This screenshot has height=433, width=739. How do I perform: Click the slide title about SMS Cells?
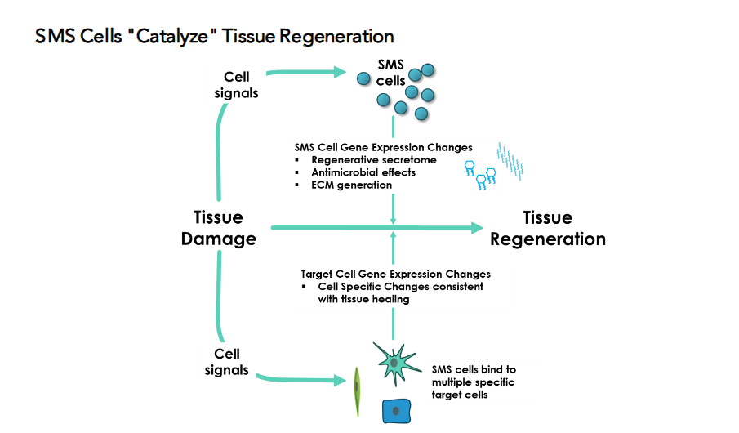[214, 37]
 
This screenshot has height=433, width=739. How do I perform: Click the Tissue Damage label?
[218, 228]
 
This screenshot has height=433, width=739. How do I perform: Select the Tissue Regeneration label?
[547, 228]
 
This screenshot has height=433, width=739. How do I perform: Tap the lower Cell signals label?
[226, 362]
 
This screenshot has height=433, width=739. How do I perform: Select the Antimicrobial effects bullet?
[363, 172]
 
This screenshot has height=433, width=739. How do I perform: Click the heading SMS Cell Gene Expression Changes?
[383, 148]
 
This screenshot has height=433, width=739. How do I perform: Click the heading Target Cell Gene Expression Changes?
[395, 275]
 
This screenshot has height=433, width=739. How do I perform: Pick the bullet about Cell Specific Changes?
[400, 292]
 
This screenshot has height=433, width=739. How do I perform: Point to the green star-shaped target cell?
[394, 363]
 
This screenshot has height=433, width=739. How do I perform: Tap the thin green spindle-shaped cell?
[356, 391]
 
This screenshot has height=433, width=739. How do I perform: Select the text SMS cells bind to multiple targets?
[474, 382]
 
